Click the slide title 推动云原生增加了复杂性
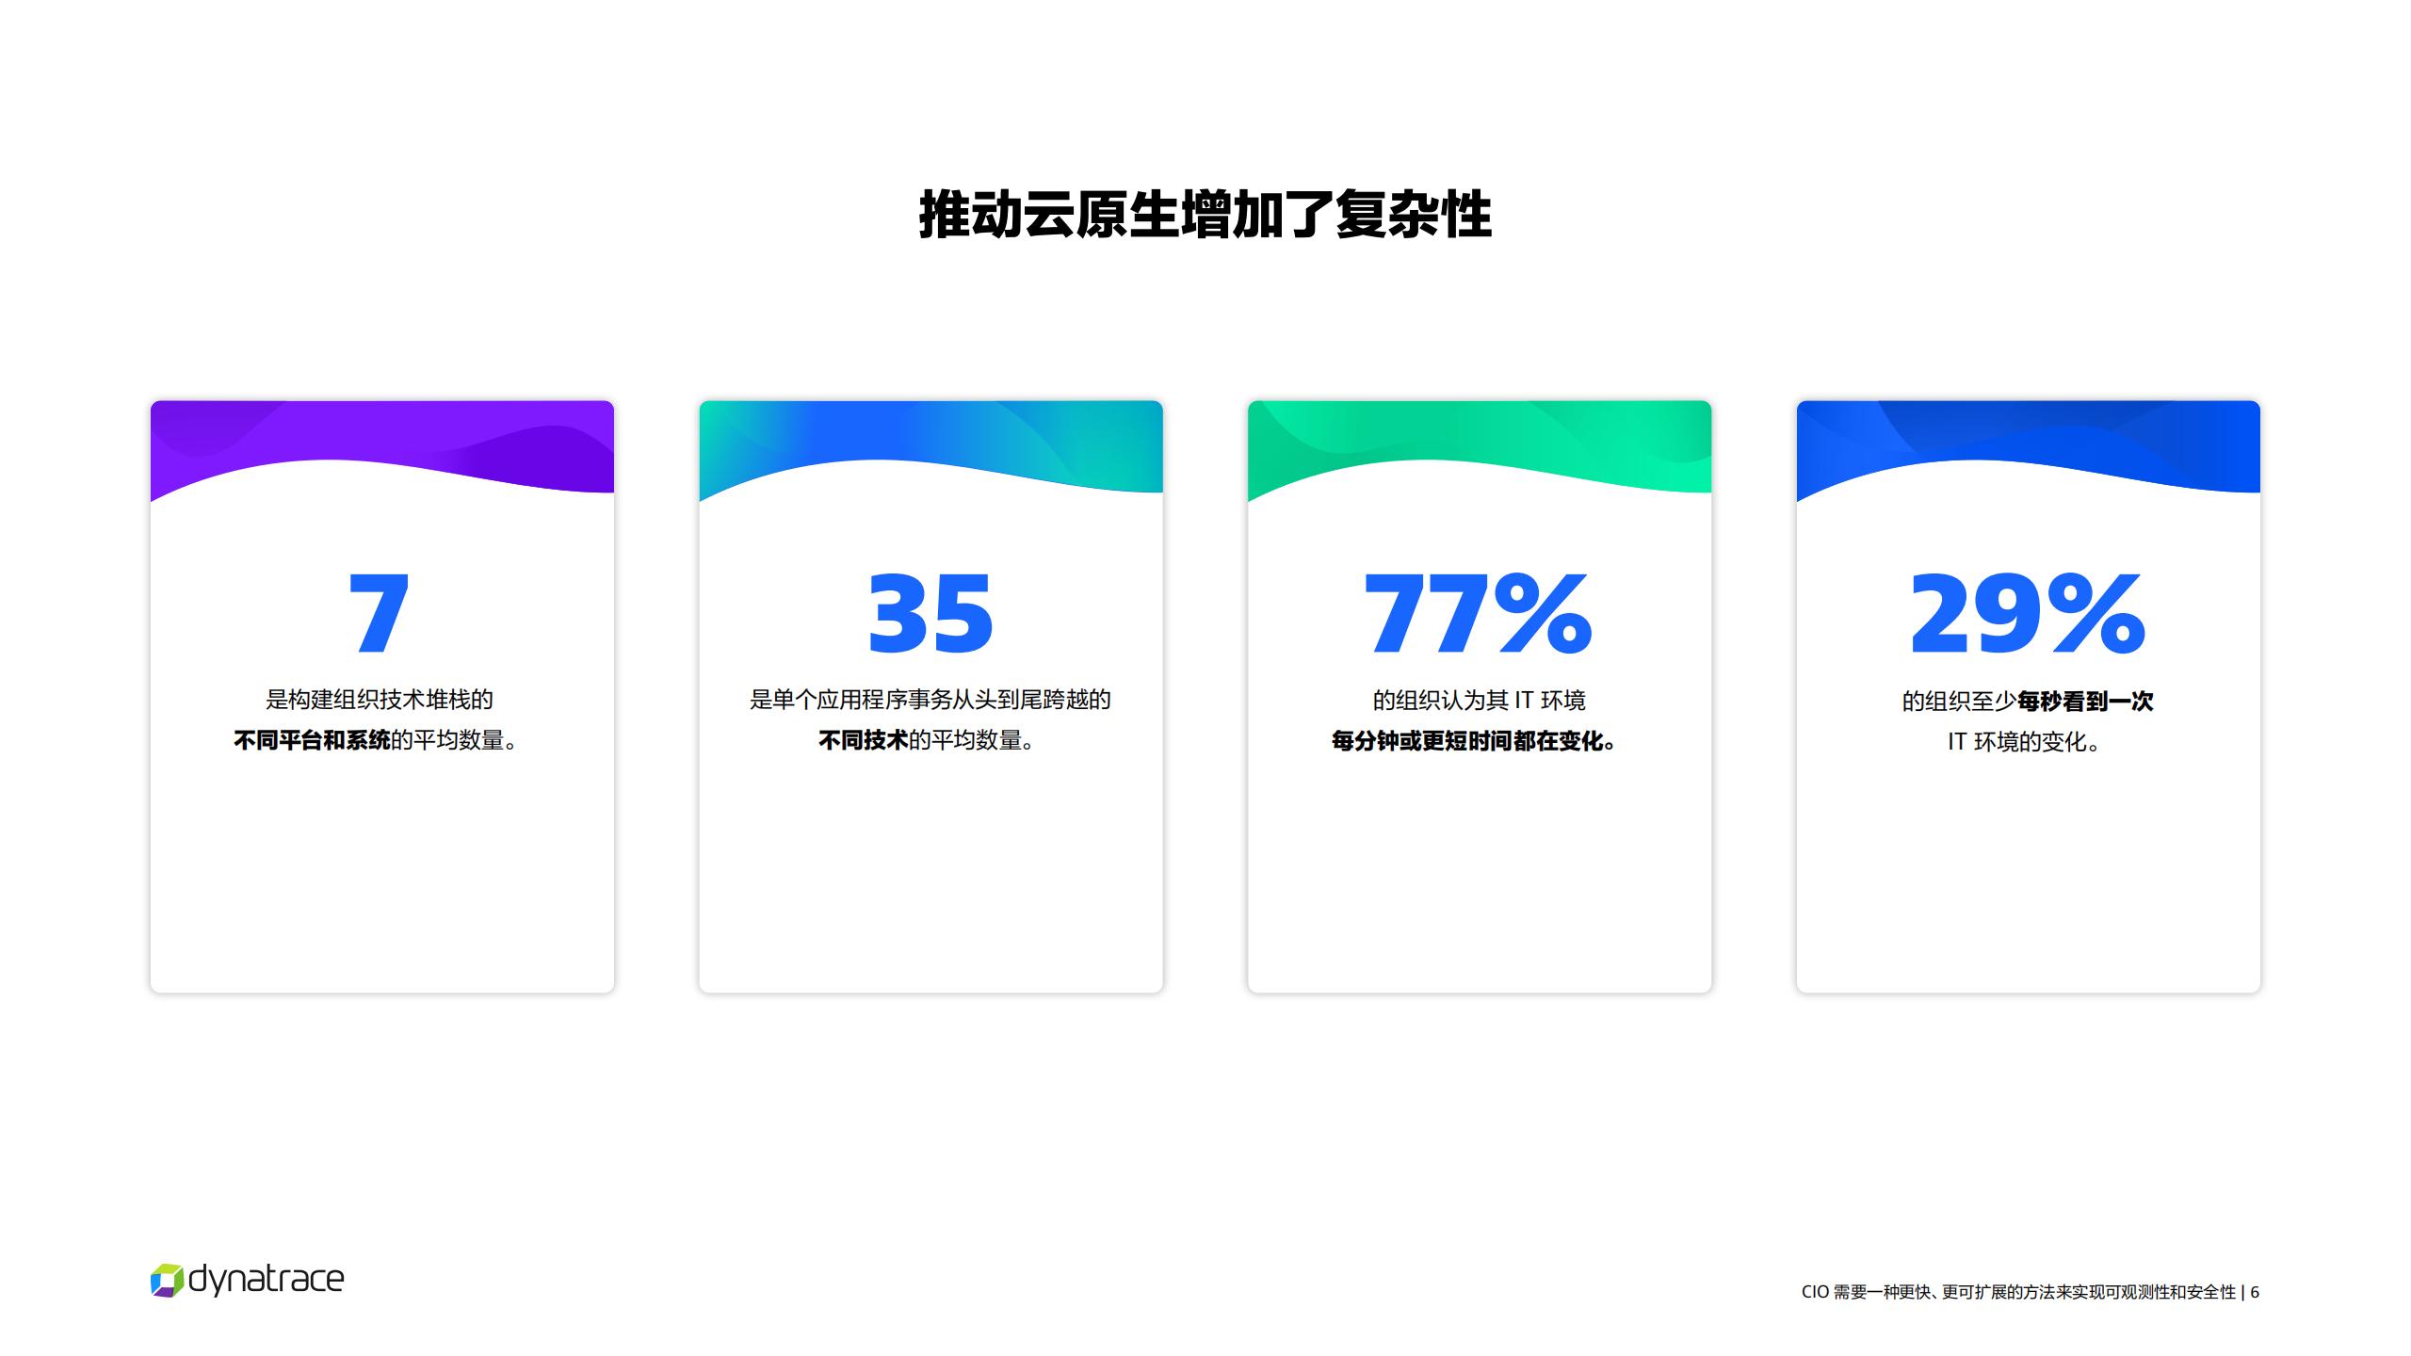[1205, 215]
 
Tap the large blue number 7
[379, 613]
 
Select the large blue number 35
[930, 613]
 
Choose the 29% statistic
[2028, 613]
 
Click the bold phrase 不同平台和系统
[312, 740]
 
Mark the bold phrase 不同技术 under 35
[863, 740]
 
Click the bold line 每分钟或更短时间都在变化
[1474, 741]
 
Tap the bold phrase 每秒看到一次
[2085, 701]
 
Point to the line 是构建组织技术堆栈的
[380, 700]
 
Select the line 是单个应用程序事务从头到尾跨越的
[930, 700]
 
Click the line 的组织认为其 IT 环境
[1479, 701]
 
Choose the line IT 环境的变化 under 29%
[2024, 742]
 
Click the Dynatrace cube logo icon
[167, 1281]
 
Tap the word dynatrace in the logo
[267, 1280]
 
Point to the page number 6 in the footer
[2255, 1292]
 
